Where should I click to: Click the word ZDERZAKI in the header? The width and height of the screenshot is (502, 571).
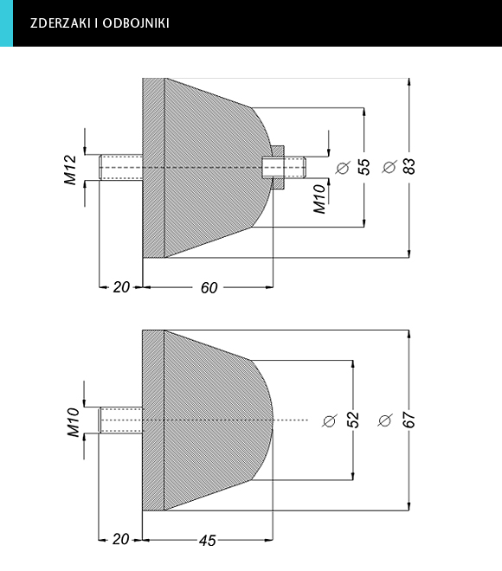pyautogui.click(x=60, y=23)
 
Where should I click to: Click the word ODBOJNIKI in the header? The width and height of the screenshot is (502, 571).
pyautogui.click(x=136, y=23)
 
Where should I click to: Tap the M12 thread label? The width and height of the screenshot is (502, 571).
pyautogui.click(x=70, y=170)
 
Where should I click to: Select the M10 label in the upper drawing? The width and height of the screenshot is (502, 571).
pyautogui.click(x=319, y=198)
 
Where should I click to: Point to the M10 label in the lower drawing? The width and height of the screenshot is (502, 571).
pyautogui.click(x=74, y=422)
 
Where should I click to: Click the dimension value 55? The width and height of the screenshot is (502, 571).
pyautogui.click(x=364, y=167)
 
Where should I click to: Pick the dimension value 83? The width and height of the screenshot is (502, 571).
pyautogui.click(x=409, y=166)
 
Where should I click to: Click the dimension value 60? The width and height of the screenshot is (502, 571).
pyautogui.click(x=209, y=288)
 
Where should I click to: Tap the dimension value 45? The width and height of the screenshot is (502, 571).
pyautogui.click(x=208, y=541)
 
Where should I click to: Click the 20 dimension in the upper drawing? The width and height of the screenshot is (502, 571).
pyautogui.click(x=121, y=287)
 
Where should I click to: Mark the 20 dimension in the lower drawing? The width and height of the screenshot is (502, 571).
pyautogui.click(x=120, y=539)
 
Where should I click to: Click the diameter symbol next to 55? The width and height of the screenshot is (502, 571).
pyautogui.click(x=343, y=168)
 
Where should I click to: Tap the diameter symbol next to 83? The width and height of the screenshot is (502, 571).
pyautogui.click(x=389, y=167)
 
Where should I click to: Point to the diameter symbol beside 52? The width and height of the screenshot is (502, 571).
pyautogui.click(x=330, y=420)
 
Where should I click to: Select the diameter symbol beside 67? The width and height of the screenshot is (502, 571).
pyautogui.click(x=385, y=420)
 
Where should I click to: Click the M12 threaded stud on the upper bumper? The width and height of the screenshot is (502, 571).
pyautogui.click(x=121, y=167)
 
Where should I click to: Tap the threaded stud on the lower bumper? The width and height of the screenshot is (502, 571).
pyautogui.click(x=121, y=420)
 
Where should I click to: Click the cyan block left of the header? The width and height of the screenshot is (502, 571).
pyautogui.click(x=6, y=23)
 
